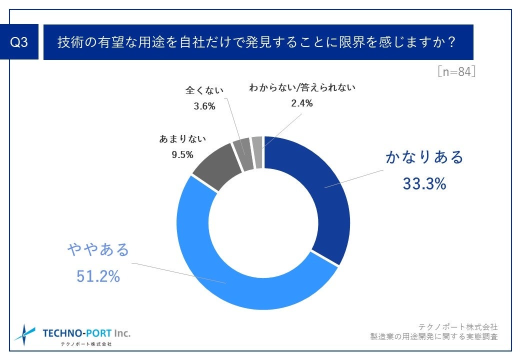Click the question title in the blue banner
coord(256,42)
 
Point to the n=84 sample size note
coord(455,72)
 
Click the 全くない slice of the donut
coord(242,147)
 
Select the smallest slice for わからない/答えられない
coord(257,145)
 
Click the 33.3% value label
coord(424,184)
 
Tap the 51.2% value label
coord(98,276)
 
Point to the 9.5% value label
coord(182,155)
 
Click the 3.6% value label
coord(204,106)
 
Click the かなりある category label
coord(424,157)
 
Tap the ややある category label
coord(98,249)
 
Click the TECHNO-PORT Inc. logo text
coord(86,333)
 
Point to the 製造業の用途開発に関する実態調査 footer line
coord(433,337)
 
